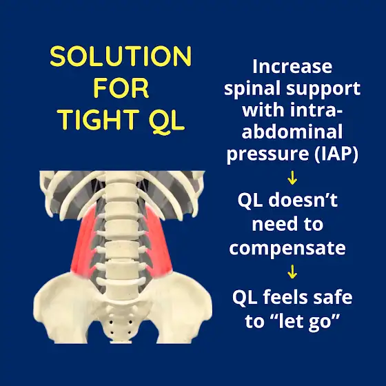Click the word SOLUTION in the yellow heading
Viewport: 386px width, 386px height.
(x=121, y=56)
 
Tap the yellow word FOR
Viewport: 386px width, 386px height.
(x=121, y=88)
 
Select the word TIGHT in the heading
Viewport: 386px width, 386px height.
(x=98, y=119)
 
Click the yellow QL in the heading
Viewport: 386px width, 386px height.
(x=167, y=121)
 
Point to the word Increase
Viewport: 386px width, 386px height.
(x=292, y=66)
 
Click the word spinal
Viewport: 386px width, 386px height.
(x=254, y=89)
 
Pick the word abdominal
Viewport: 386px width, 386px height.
(x=292, y=131)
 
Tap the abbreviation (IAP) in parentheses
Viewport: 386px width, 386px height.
(x=336, y=154)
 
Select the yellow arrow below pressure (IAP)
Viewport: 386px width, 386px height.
(x=292, y=178)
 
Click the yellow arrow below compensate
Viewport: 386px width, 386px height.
(x=292, y=272)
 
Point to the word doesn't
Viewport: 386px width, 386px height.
(x=303, y=200)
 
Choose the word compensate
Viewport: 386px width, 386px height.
(x=287, y=248)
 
